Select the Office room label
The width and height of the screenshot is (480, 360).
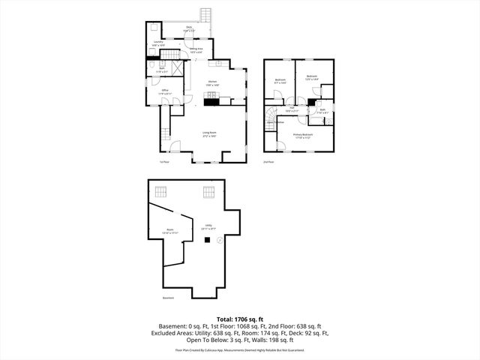tap(164, 91)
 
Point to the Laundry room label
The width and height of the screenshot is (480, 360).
tap(157, 43)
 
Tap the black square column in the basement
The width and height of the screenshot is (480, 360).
tap(208, 240)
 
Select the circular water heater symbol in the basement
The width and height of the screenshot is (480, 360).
tap(219, 240)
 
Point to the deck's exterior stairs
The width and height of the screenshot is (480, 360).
tap(206, 15)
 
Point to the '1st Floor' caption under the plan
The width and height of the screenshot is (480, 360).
tap(163, 162)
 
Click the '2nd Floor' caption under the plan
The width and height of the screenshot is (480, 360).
tap(268, 162)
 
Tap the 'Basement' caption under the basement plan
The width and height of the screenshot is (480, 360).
tap(168, 298)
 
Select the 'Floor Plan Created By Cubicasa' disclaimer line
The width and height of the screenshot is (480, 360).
tap(239, 349)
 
